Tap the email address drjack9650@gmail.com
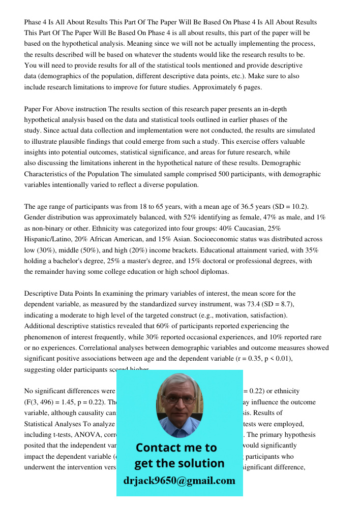[x=179, y=481]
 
